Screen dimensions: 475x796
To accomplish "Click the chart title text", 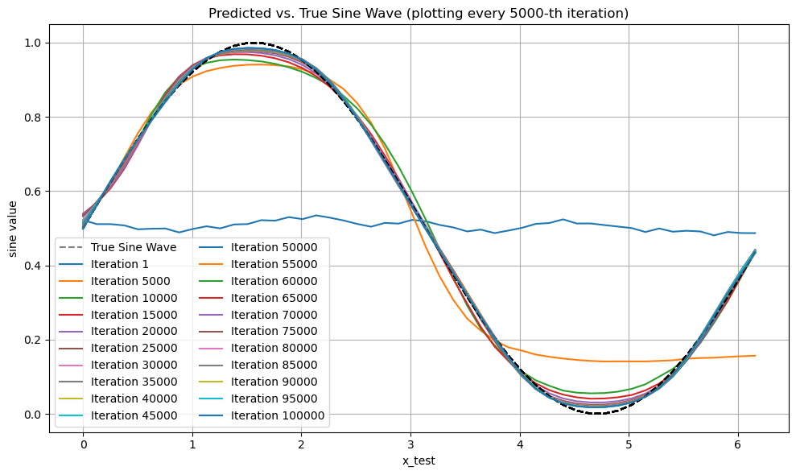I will coord(419,14).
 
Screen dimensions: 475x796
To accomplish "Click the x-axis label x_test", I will coord(419,460).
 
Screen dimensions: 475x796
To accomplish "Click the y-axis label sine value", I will coord(13,229).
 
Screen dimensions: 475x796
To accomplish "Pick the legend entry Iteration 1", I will coord(118,263).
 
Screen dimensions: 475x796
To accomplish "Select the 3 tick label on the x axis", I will coord(410,444).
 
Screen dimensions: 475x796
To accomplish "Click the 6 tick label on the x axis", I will coord(738,444).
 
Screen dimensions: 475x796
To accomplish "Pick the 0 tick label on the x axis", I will coord(83,444).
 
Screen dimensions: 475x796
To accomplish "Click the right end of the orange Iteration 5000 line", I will coord(755,355).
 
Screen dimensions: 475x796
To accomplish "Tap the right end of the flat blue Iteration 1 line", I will coord(755,233).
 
